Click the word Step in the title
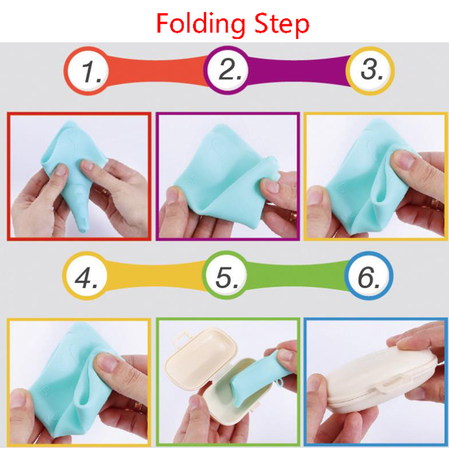click(282, 25)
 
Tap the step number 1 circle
click(86, 71)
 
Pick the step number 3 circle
click(370, 70)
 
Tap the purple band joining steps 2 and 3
click(298, 70)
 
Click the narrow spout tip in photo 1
click(83, 229)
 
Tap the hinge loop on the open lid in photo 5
click(180, 338)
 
